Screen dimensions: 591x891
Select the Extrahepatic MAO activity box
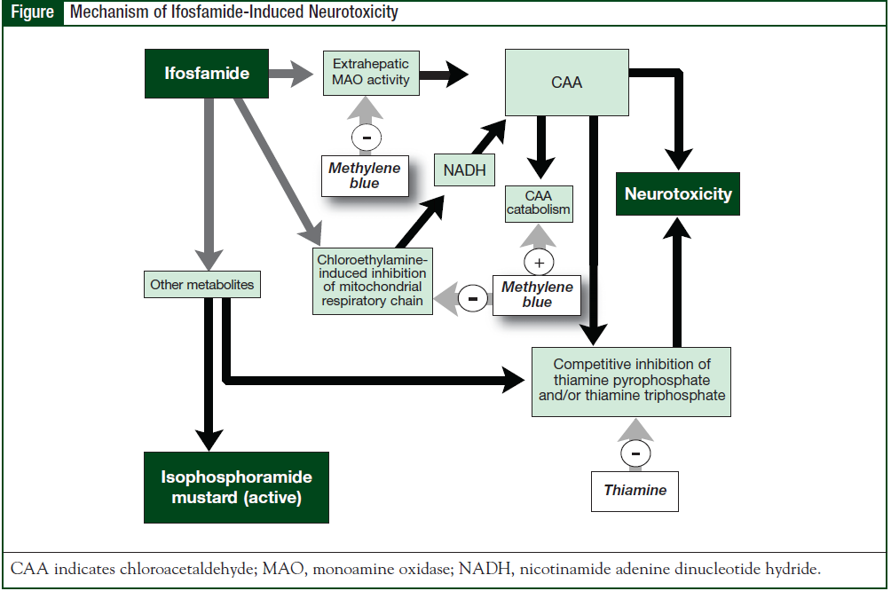[x=371, y=72]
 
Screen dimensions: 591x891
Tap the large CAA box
[x=567, y=83]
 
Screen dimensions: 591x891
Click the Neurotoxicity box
[x=678, y=193]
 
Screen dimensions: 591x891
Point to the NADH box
[x=464, y=170]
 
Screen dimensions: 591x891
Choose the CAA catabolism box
[x=539, y=203]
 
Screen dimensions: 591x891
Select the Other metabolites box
[x=201, y=285]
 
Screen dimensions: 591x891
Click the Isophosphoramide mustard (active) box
[x=236, y=487]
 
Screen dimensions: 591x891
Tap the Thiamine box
[x=635, y=491]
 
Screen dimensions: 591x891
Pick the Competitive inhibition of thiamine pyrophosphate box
[x=632, y=381]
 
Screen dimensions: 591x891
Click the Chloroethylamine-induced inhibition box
[x=373, y=280]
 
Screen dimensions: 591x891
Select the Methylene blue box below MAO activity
[x=365, y=175]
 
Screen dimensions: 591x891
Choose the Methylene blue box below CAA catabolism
[x=537, y=294]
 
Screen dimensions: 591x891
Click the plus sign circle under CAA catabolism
[x=539, y=262]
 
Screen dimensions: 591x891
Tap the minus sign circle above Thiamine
[x=635, y=452]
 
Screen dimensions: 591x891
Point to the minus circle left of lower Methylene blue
[x=473, y=298]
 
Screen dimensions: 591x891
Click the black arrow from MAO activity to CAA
[x=445, y=75]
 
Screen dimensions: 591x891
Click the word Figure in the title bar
[x=32, y=12]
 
